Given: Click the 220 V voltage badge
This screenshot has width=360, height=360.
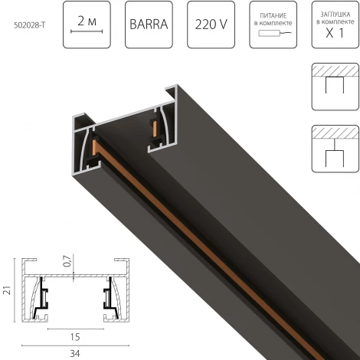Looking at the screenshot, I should [x=209, y=25].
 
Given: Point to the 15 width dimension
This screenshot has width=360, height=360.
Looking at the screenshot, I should [x=74, y=335].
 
